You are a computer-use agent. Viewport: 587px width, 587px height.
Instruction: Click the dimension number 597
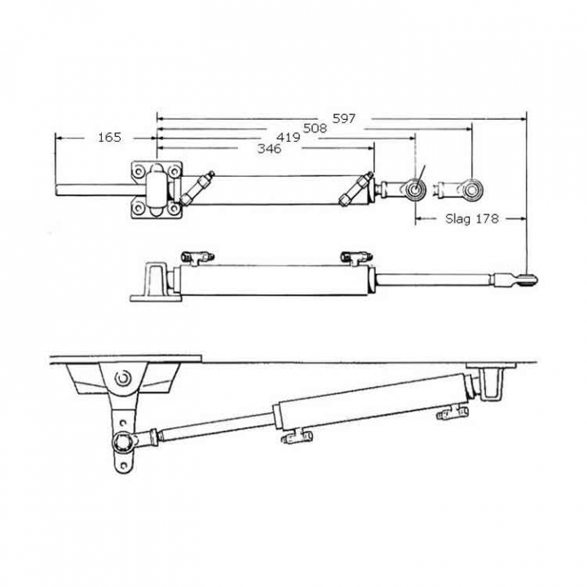pyautogui.click(x=344, y=118)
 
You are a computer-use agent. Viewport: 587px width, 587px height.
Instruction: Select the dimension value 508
pyautogui.click(x=315, y=129)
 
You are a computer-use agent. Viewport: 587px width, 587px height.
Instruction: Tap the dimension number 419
pyautogui.click(x=289, y=138)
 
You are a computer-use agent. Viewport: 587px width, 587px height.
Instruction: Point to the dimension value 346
pyautogui.click(x=269, y=148)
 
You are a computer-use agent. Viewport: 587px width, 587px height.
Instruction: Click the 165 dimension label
pyautogui.click(x=109, y=138)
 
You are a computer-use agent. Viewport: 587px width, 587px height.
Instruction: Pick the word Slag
pyautogui.click(x=457, y=218)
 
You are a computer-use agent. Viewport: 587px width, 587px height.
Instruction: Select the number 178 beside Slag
pyautogui.click(x=487, y=218)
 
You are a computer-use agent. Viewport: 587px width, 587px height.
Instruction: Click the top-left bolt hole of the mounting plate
pyautogui.click(x=138, y=171)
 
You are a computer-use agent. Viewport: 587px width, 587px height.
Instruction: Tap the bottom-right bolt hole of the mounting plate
pyautogui.click(x=174, y=208)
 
